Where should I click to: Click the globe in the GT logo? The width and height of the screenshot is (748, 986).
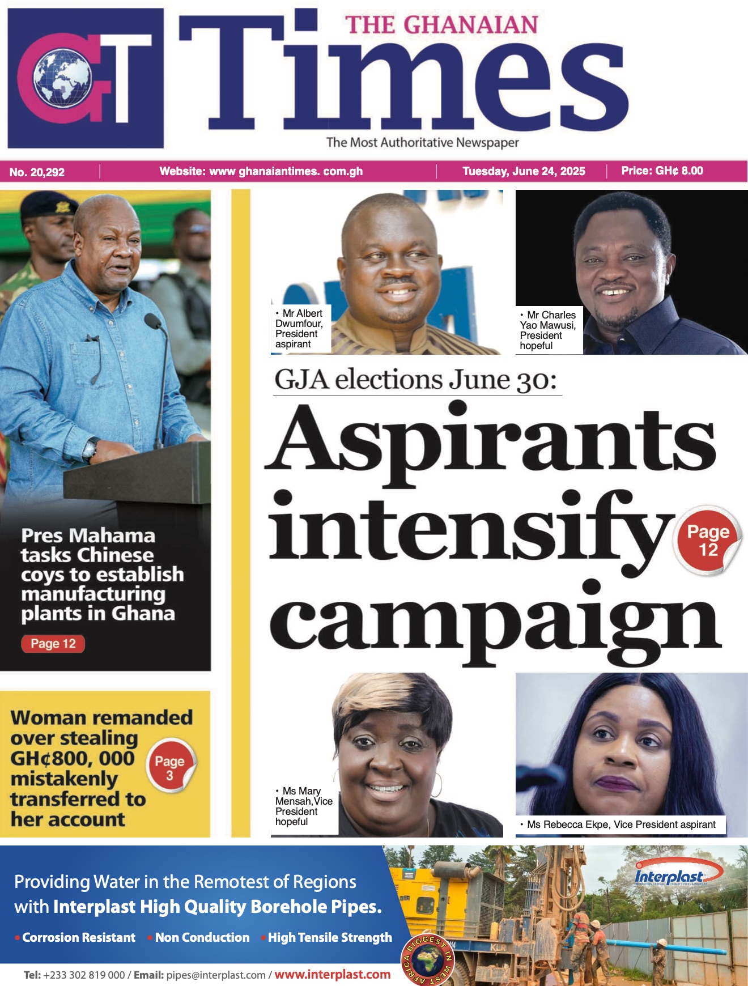(62, 78)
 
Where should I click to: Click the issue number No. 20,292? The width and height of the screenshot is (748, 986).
(37, 172)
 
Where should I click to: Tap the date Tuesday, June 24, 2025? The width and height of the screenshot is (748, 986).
(524, 171)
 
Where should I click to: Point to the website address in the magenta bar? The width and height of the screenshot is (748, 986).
(261, 171)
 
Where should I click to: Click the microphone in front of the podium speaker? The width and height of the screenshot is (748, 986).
(153, 321)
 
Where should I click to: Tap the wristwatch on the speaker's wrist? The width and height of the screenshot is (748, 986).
(90, 448)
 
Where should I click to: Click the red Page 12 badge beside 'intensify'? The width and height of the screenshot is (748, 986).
(708, 541)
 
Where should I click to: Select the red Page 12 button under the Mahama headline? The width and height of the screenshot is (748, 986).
(53, 644)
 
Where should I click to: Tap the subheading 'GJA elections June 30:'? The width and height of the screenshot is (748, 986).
(416, 380)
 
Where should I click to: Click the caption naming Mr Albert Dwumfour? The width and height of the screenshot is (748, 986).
(299, 329)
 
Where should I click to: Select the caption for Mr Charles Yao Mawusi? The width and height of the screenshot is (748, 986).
(547, 330)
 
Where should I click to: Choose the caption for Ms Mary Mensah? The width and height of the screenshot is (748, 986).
(303, 806)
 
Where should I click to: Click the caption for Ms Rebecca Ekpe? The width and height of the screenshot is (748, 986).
(621, 824)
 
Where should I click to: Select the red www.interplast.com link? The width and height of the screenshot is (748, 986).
(333, 975)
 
